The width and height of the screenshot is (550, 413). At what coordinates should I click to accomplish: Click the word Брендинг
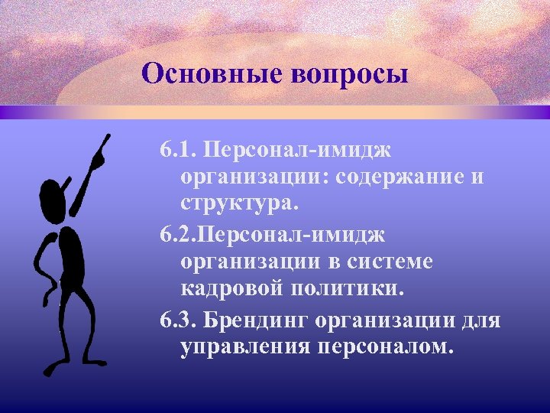click(253, 317)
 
